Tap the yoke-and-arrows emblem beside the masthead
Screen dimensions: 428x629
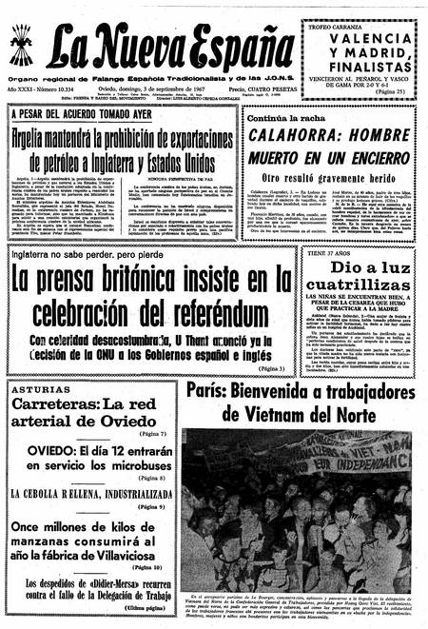[x=25, y=43]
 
